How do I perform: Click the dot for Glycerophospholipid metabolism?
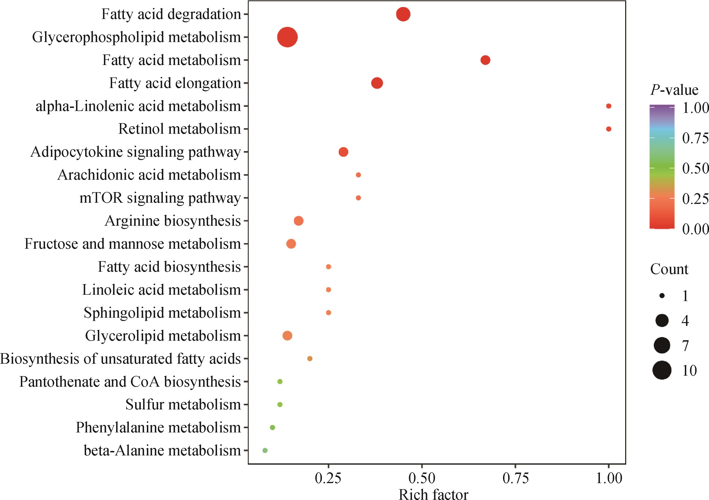[287, 37]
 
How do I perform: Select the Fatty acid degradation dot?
[403, 15]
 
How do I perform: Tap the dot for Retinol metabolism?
[608, 129]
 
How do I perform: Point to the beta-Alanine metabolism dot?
[265, 450]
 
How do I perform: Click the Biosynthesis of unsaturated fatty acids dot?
[310, 359]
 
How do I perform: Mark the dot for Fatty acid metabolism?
[485, 60]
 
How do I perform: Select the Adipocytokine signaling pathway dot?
[343, 152]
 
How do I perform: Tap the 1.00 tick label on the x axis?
[609, 478]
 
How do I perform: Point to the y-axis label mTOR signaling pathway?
[160, 198]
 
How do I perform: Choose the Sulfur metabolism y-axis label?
[183, 405]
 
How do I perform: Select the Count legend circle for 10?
[662, 370]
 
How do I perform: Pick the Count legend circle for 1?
[662, 296]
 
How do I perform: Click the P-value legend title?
[674, 90]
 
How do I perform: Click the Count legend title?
[669, 269]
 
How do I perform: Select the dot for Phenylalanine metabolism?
[272, 428]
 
